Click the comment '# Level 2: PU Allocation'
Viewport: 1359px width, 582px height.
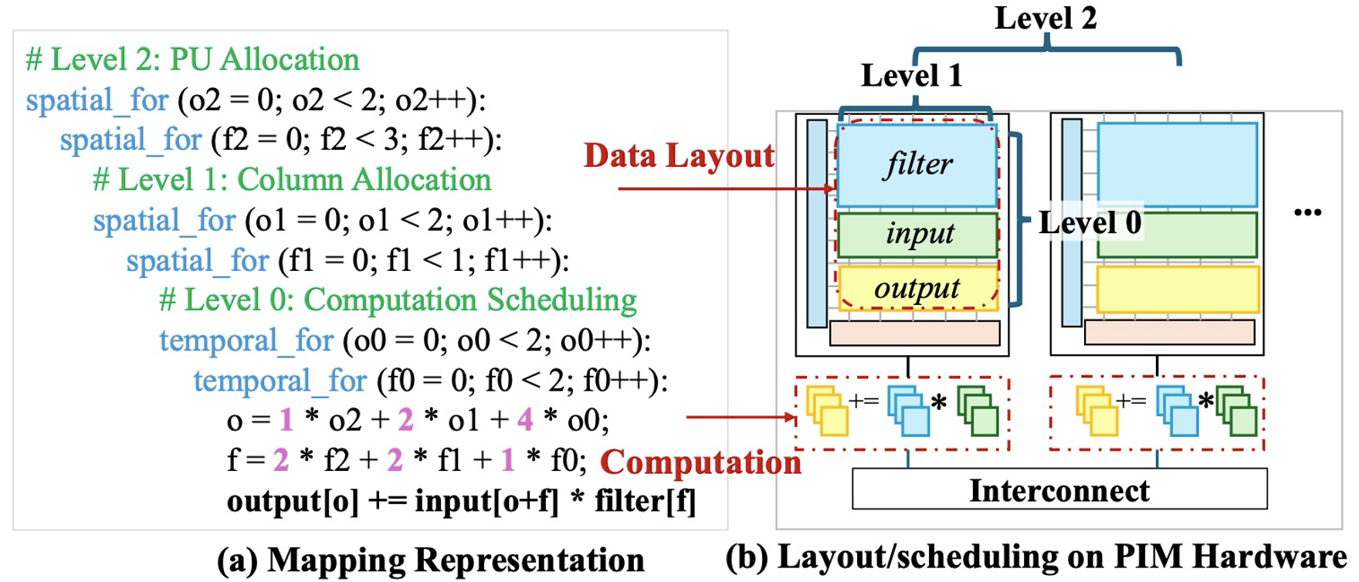192,60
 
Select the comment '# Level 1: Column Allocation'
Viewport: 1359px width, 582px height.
292,180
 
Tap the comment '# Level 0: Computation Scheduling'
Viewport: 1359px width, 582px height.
398,300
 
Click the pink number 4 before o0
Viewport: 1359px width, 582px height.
525,420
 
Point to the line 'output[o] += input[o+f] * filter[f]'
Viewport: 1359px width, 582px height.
461,502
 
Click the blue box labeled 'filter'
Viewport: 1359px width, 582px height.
917,164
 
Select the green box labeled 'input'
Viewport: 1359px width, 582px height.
917,235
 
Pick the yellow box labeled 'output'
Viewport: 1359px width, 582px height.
917,289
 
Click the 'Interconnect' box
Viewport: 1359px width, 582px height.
1059,490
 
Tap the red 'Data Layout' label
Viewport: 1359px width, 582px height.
679,156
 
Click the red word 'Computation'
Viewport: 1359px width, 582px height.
700,462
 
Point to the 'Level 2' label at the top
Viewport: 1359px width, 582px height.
1046,19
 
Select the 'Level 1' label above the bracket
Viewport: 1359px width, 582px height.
911,76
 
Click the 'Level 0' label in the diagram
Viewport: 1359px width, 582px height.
1090,223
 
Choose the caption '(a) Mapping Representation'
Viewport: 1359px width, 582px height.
430,560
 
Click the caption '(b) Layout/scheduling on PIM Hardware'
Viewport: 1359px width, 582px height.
1035,557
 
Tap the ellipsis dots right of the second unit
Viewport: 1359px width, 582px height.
1307,211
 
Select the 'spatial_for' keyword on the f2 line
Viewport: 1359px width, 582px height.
130,140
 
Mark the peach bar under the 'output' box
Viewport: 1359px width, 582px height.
914,333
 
